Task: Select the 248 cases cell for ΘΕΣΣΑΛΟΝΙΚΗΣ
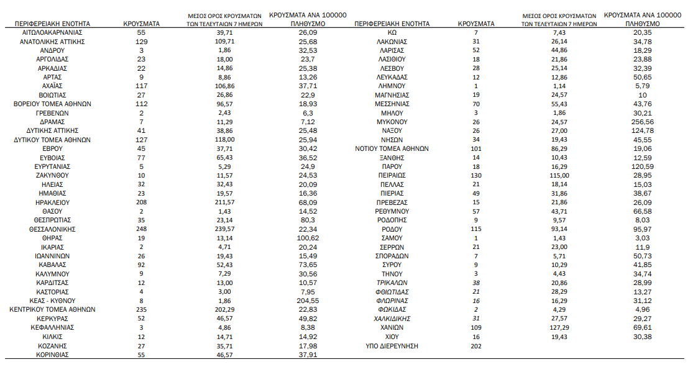(x=141, y=229)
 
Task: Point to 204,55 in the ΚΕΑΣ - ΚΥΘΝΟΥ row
(x=303, y=301)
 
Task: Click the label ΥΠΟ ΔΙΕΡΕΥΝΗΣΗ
(x=392, y=346)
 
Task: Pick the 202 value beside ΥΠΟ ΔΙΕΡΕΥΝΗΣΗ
(x=476, y=346)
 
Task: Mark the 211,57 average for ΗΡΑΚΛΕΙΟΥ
(x=225, y=202)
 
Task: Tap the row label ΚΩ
(x=392, y=32)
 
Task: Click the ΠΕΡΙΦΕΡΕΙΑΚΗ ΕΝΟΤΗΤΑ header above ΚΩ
(x=392, y=24)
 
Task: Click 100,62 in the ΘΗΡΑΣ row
(x=303, y=238)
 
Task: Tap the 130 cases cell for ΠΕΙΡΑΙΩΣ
(x=476, y=176)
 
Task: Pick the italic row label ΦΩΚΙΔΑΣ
(x=392, y=310)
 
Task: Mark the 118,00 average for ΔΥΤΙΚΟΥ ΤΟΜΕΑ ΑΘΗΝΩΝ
(x=225, y=140)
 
